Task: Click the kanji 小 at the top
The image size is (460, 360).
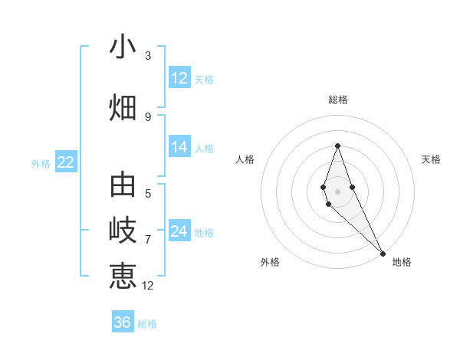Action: pyautogui.click(x=123, y=47)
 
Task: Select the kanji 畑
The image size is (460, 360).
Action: pyautogui.click(x=123, y=106)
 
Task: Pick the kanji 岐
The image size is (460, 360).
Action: pyautogui.click(x=123, y=230)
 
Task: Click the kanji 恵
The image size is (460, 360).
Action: pyautogui.click(x=123, y=275)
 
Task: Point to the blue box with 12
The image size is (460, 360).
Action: pyautogui.click(x=179, y=78)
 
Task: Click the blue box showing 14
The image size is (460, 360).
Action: pyautogui.click(x=179, y=147)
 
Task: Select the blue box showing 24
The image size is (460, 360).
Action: pyautogui.click(x=179, y=231)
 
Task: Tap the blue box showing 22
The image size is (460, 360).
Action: pyautogui.click(x=65, y=162)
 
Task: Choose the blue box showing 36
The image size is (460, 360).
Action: pyautogui.click(x=123, y=322)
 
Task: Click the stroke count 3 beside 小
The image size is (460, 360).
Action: pyautogui.click(x=148, y=56)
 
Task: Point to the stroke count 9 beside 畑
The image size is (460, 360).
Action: pyautogui.click(x=148, y=116)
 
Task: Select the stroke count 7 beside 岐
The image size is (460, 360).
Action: pyautogui.click(x=148, y=239)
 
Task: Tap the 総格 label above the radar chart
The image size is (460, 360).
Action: pyautogui.click(x=337, y=100)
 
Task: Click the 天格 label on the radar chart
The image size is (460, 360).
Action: pyautogui.click(x=431, y=159)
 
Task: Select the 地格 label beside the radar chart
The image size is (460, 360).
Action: pyautogui.click(x=402, y=262)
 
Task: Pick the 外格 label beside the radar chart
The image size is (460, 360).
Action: pyautogui.click(x=270, y=262)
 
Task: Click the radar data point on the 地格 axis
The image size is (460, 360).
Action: pyautogui.click(x=382, y=253)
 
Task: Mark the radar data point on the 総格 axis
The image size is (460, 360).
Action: pyautogui.click(x=337, y=146)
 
